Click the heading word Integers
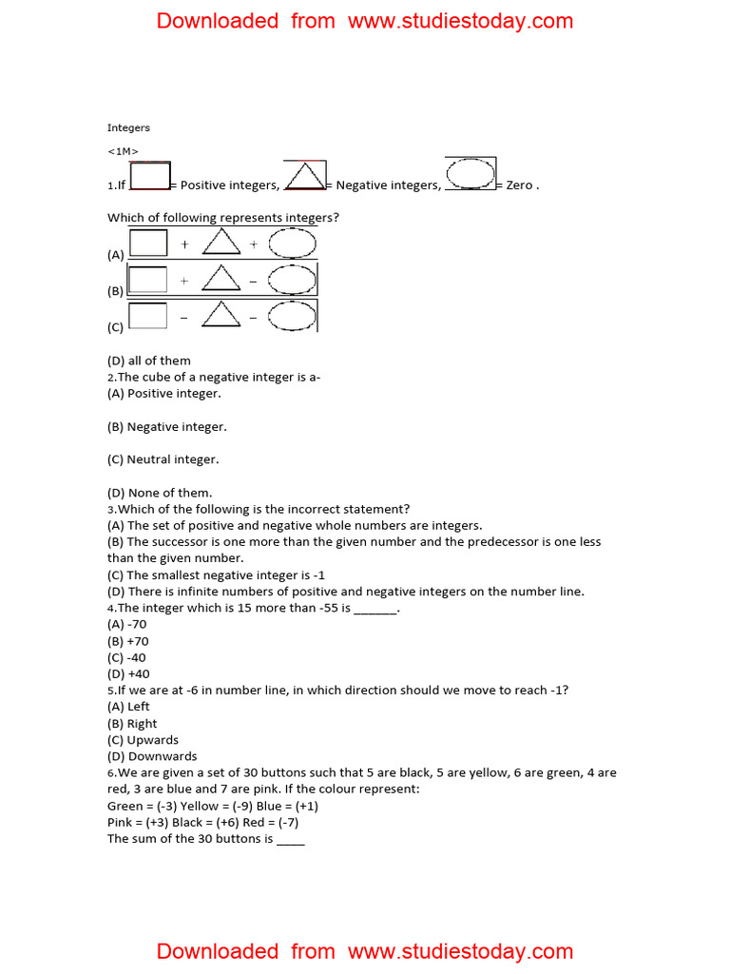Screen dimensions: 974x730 coord(128,127)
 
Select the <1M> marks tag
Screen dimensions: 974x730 coord(124,150)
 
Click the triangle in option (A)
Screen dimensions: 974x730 coord(221,243)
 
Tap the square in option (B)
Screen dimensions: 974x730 coord(147,280)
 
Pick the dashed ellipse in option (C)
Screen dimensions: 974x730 coord(292,316)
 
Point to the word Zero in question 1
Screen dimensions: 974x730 coord(520,185)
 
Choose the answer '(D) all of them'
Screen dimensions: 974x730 coord(149,360)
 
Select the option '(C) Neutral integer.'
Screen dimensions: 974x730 coord(163,459)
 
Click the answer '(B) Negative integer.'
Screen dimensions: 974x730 coord(167,427)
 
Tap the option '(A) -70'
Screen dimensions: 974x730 coord(127,624)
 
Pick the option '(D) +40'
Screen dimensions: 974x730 coord(128,673)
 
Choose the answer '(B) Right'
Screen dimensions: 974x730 coord(132,723)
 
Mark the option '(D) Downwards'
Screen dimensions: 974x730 coord(152,756)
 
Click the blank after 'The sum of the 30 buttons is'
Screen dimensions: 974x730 coord(291,839)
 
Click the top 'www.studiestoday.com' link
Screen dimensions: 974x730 coord(461,21)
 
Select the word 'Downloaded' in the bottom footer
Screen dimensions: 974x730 coord(217,951)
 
